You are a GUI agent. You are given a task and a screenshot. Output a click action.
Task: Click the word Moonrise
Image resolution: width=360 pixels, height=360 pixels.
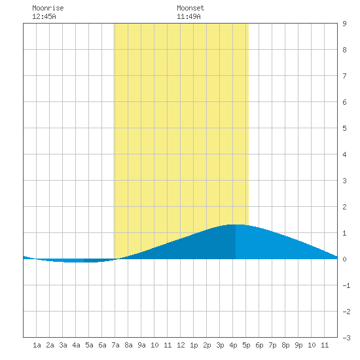point(48,8)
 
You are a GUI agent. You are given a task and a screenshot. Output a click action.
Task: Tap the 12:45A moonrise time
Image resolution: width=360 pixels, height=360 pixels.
point(44,16)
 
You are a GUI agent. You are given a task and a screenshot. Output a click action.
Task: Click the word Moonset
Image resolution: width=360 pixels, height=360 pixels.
point(190,8)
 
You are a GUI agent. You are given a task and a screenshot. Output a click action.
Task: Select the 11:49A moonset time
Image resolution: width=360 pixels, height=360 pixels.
point(189,16)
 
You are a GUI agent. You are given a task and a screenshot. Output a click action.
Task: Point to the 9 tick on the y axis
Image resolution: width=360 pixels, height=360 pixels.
point(344,24)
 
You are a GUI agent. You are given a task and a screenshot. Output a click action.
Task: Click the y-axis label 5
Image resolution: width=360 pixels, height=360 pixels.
point(344,128)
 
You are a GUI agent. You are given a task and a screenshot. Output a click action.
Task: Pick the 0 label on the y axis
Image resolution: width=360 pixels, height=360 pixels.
point(344,259)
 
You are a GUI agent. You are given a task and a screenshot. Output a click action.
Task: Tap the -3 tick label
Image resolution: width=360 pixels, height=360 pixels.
point(346,338)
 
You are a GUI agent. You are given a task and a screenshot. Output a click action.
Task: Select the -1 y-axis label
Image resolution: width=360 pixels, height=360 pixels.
point(346,285)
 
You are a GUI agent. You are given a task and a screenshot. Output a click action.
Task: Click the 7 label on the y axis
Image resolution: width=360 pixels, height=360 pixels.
point(344,76)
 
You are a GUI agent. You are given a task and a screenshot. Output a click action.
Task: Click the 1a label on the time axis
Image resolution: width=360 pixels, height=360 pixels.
point(37,345)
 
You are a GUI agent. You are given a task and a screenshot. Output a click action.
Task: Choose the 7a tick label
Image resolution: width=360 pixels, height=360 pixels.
point(115,345)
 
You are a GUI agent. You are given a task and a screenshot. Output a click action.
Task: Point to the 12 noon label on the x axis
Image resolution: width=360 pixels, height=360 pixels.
point(181,345)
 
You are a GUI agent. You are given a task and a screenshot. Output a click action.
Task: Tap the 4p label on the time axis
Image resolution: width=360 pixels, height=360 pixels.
point(233,345)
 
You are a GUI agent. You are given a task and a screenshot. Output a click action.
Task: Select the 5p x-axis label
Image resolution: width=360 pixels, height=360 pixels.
point(246,345)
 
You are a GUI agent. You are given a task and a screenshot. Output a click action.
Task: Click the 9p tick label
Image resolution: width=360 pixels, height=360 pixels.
point(298,345)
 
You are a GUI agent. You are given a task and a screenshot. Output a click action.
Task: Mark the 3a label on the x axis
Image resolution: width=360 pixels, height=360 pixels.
point(63,345)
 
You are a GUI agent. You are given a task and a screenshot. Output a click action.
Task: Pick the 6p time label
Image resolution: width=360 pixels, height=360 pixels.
point(259,345)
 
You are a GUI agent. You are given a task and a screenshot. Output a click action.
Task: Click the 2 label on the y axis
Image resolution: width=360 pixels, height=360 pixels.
point(344,207)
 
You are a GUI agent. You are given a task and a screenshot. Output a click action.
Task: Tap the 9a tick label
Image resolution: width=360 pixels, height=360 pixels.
point(141,345)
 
